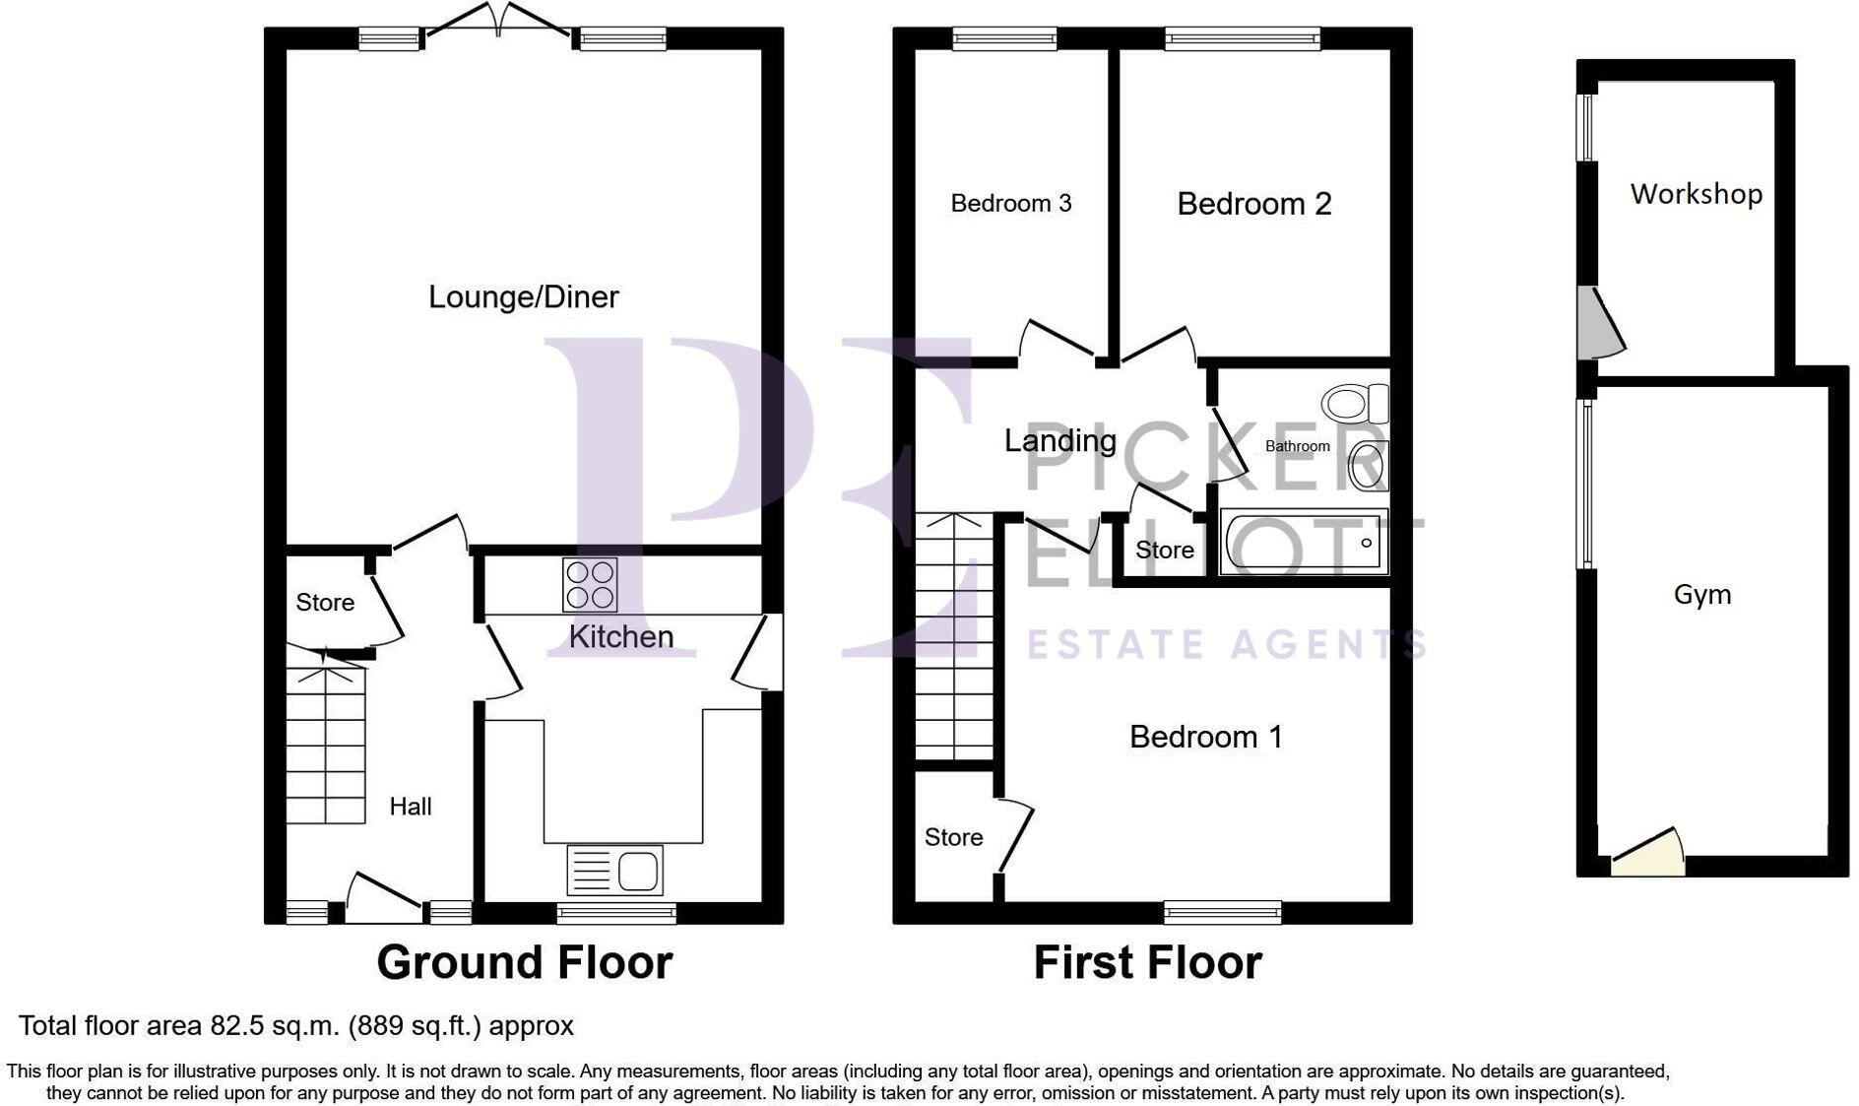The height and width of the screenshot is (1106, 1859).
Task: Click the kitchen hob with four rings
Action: [x=590, y=585]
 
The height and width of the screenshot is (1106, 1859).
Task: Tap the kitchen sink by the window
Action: [x=615, y=871]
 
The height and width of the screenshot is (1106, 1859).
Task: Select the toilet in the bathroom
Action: [x=1355, y=404]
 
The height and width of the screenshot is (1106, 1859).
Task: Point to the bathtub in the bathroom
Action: [x=1303, y=542]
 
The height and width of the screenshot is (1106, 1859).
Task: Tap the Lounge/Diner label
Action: [x=524, y=296]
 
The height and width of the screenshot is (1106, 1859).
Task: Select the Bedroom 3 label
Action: [x=1010, y=203]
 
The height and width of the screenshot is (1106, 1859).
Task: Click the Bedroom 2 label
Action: [x=1253, y=204]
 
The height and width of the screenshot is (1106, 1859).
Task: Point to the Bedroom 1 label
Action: [x=1205, y=737]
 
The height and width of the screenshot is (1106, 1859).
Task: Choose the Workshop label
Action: [x=1696, y=194]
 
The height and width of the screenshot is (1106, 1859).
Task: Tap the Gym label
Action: [x=1701, y=594]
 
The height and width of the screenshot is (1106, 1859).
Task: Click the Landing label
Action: [x=1059, y=440]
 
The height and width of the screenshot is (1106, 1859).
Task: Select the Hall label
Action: [x=410, y=807]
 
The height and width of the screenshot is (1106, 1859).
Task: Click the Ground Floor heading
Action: [x=524, y=962]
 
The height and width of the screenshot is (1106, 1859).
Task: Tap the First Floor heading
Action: [x=1147, y=962]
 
